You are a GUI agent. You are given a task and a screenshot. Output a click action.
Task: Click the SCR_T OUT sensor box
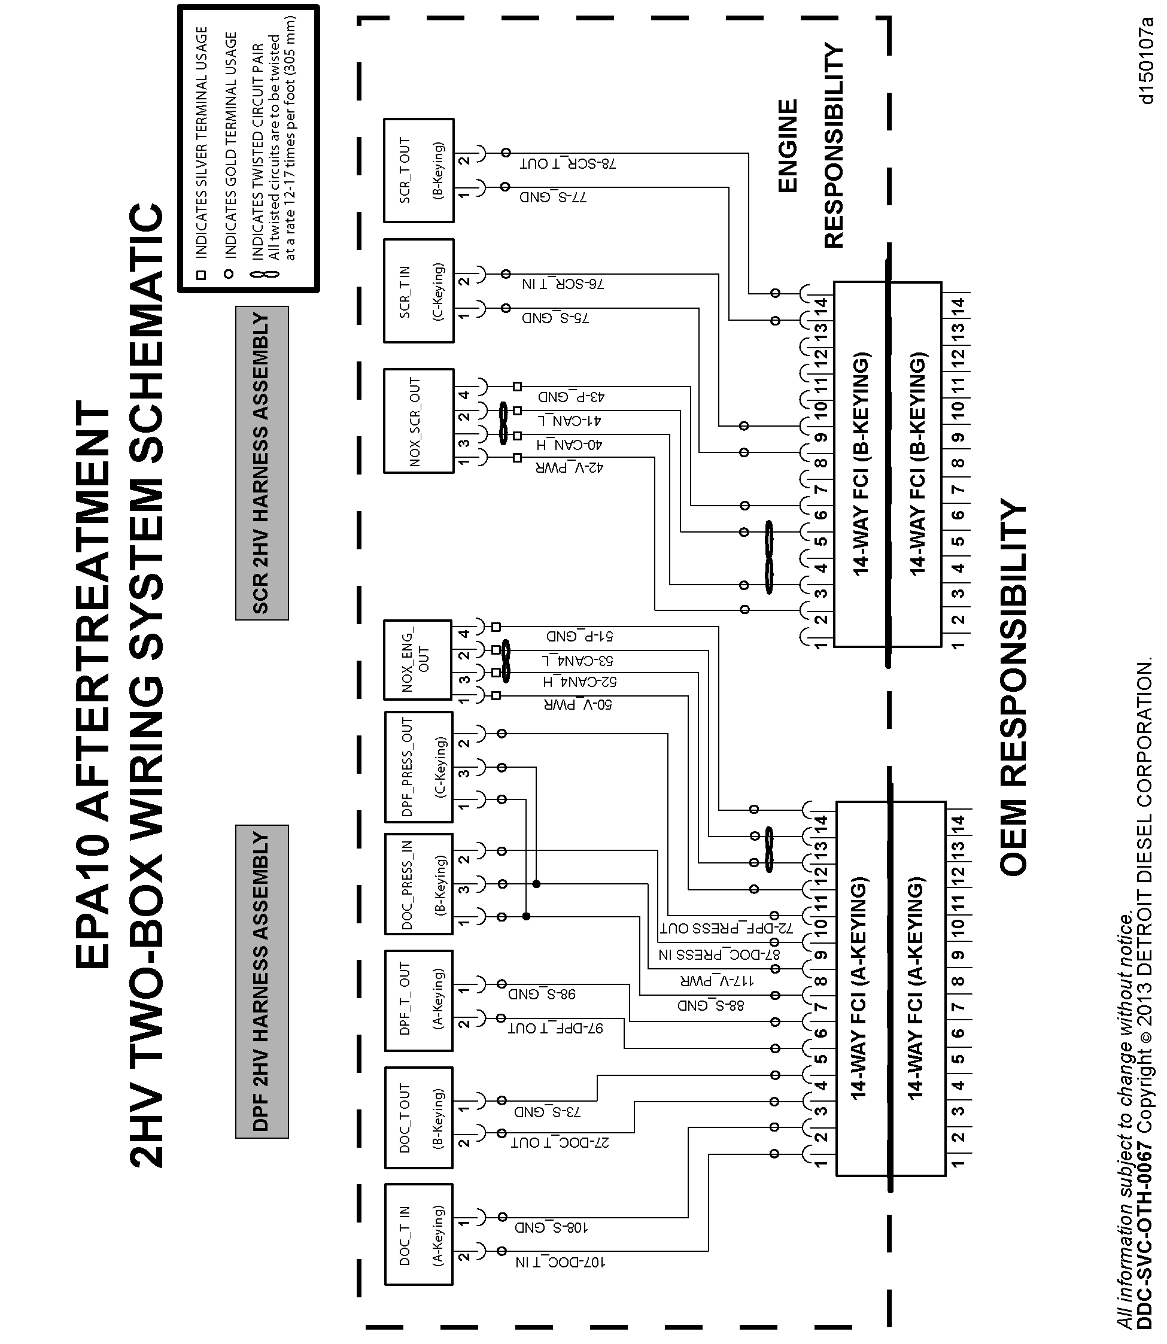418,171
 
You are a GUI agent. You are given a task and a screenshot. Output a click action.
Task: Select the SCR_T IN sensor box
418,290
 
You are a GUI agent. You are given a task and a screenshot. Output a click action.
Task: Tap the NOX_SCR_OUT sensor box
418,421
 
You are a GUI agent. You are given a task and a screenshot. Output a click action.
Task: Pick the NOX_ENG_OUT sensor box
418,659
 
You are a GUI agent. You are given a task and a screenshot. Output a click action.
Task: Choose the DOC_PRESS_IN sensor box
418,884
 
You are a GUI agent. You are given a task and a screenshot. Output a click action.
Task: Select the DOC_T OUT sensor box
418,1117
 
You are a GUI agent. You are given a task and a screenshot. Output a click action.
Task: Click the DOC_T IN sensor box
418,1234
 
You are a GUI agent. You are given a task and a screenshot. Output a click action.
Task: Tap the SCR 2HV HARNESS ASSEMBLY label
261,463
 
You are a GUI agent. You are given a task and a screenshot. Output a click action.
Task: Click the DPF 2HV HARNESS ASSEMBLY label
261,981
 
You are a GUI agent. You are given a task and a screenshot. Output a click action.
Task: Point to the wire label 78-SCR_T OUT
568,164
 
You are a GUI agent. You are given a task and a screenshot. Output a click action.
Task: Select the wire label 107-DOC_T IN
561,1262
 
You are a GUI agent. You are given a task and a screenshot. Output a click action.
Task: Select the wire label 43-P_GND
571,397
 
